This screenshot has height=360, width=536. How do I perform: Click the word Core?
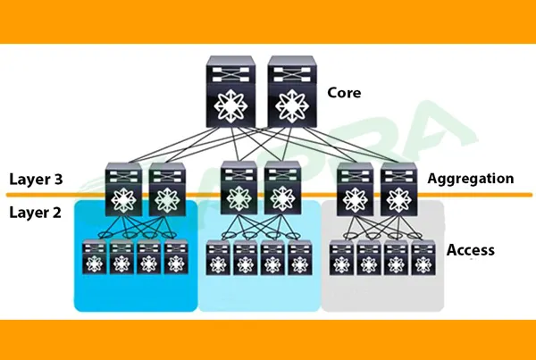point(344,92)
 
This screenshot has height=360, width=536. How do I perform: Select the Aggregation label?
point(471,179)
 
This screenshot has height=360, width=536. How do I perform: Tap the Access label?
point(470,250)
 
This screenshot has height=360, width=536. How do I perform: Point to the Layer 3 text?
point(37,179)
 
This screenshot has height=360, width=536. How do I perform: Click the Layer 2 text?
point(37,213)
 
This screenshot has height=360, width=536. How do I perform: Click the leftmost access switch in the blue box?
point(94,258)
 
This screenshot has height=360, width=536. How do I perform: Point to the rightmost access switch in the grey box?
point(423,258)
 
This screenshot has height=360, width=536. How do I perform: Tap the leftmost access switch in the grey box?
point(340,258)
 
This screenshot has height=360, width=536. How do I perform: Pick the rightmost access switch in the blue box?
point(175,258)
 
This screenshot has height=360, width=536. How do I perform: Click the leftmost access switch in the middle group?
point(217,258)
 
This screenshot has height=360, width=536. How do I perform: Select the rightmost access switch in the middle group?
point(298,258)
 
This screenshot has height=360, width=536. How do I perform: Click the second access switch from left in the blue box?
point(121,258)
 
